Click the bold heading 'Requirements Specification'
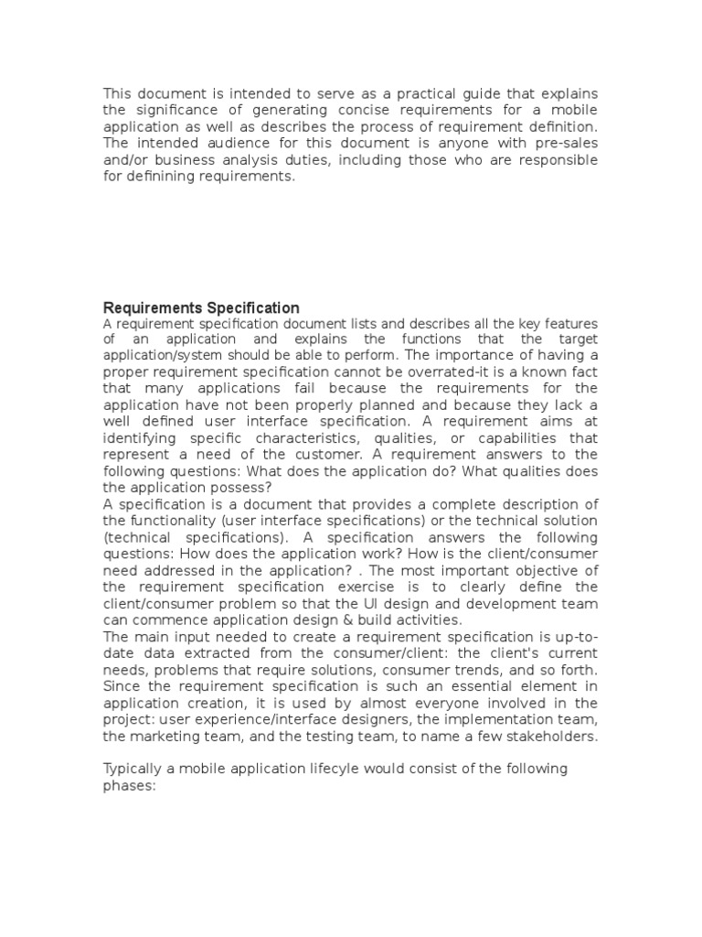(201, 307)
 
